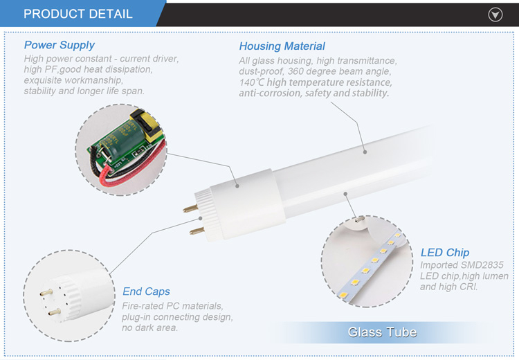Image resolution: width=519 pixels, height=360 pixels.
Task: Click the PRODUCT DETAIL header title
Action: (x=78, y=14)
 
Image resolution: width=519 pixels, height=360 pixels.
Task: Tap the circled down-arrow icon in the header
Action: (x=495, y=15)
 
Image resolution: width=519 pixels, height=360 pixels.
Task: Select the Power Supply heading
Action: (x=60, y=45)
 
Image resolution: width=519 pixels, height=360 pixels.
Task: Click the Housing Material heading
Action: (x=282, y=46)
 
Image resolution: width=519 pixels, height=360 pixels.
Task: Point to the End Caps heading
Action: (x=146, y=291)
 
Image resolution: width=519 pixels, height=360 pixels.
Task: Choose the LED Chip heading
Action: (x=445, y=253)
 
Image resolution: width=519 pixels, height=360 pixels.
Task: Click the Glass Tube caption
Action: (x=382, y=332)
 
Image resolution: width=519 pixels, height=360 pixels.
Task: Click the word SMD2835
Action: (x=482, y=265)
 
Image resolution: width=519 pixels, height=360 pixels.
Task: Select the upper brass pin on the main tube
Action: (x=190, y=208)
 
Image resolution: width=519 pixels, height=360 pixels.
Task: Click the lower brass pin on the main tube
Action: (x=197, y=231)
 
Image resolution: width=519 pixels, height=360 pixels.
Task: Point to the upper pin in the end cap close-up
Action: (x=46, y=292)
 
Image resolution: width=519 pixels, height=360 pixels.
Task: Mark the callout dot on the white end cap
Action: (x=237, y=186)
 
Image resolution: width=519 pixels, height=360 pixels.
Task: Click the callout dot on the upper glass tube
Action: (x=365, y=152)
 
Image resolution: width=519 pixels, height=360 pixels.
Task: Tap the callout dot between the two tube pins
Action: (x=200, y=219)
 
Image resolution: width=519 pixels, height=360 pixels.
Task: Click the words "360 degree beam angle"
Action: (x=339, y=71)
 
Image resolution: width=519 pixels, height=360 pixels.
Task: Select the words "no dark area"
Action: (x=149, y=328)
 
